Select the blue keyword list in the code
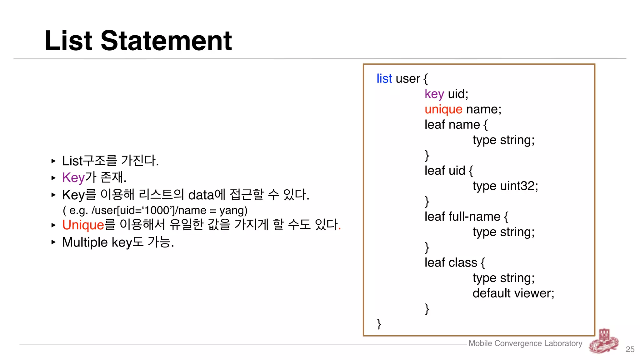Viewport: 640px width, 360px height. (x=384, y=78)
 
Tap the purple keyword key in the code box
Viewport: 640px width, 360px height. (x=434, y=94)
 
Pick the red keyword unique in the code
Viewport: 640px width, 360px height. (x=443, y=109)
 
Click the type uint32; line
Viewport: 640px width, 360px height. (x=505, y=186)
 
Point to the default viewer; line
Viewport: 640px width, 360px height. (x=513, y=293)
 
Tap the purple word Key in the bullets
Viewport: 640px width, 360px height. (x=73, y=177)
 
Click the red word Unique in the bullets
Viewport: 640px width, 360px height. (x=83, y=225)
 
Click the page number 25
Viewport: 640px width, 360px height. (x=630, y=349)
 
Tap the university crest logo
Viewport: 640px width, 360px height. (x=604, y=342)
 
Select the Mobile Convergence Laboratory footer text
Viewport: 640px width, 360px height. (x=525, y=343)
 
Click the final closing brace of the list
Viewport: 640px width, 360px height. (x=379, y=324)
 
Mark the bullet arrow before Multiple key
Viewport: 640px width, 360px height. (x=53, y=242)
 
